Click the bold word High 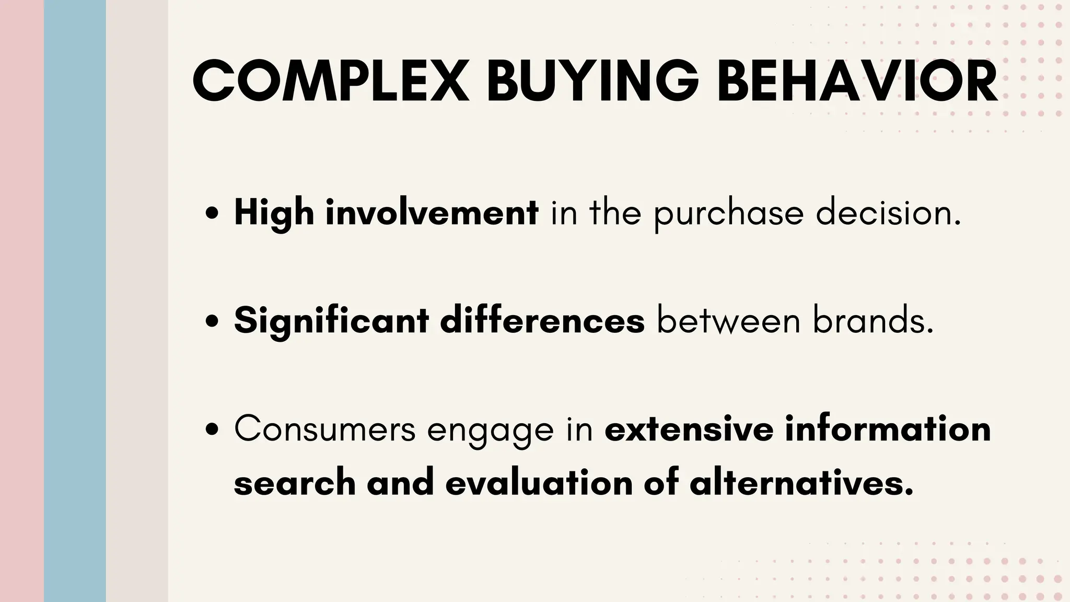[x=274, y=213]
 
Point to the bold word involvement [x=432, y=213]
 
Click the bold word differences [x=542, y=320]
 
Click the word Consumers [x=324, y=429]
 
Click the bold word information [x=888, y=429]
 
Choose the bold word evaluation [x=539, y=482]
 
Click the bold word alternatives [x=801, y=482]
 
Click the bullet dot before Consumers [x=212, y=429]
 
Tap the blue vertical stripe [x=75, y=301]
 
